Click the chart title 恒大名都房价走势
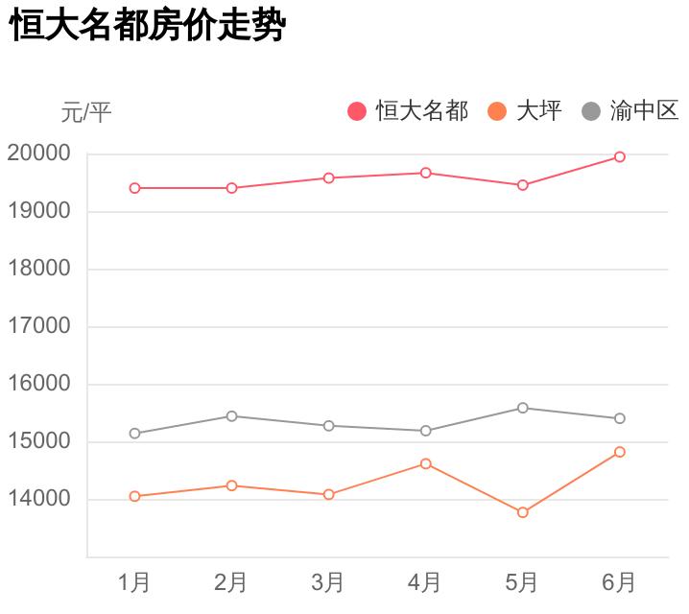pos(148,26)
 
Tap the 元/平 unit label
pos(86,112)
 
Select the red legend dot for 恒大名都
pos(357,111)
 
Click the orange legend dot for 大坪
pos(497,111)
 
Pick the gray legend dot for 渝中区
pos(591,111)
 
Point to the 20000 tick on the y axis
pos(39,153)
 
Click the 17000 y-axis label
pos(39,326)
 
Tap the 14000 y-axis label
pos(39,499)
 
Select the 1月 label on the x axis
pos(134,582)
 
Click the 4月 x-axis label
pos(425,582)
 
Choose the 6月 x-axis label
pos(620,582)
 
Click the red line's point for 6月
pos(620,156)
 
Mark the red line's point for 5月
pos(523,185)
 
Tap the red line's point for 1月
pos(134,188)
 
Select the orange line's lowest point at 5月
pos(523,512)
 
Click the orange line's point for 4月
pos(426,463)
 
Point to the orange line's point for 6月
pos(620,452)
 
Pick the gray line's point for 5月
pos(523,408)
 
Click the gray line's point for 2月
pos(231,415)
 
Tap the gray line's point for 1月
pos(134,434)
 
